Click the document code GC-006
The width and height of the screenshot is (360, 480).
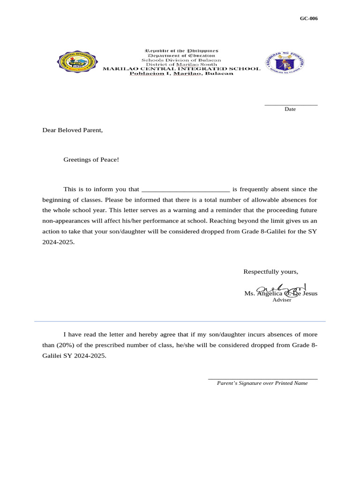308,19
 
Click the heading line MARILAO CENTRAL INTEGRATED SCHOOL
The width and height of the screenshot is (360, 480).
181,69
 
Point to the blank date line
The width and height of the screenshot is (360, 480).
291,105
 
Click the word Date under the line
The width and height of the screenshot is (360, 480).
290,109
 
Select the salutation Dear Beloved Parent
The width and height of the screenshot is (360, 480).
72,130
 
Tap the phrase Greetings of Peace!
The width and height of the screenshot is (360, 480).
91,160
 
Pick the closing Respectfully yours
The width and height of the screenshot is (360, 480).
270,272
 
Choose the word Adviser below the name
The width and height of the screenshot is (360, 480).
282,300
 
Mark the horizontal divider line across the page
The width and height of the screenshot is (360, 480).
180,321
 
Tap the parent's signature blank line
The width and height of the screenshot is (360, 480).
262,378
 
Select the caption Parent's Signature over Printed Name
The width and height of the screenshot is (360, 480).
262,383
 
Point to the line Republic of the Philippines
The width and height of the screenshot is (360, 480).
181,51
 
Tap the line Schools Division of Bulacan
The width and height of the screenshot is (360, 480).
181,60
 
